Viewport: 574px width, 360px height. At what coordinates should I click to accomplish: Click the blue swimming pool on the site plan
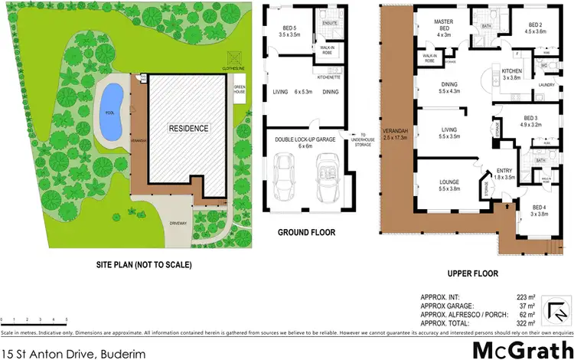(x=112, y=112)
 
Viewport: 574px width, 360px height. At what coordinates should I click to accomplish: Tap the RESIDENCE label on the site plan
(x=188, y=128)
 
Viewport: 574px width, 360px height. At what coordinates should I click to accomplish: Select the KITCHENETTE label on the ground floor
(x=328, y=77)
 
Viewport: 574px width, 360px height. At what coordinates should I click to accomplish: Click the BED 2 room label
(x=536, y=28)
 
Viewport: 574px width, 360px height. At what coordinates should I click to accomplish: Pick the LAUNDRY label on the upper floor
(x=546, y=84)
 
